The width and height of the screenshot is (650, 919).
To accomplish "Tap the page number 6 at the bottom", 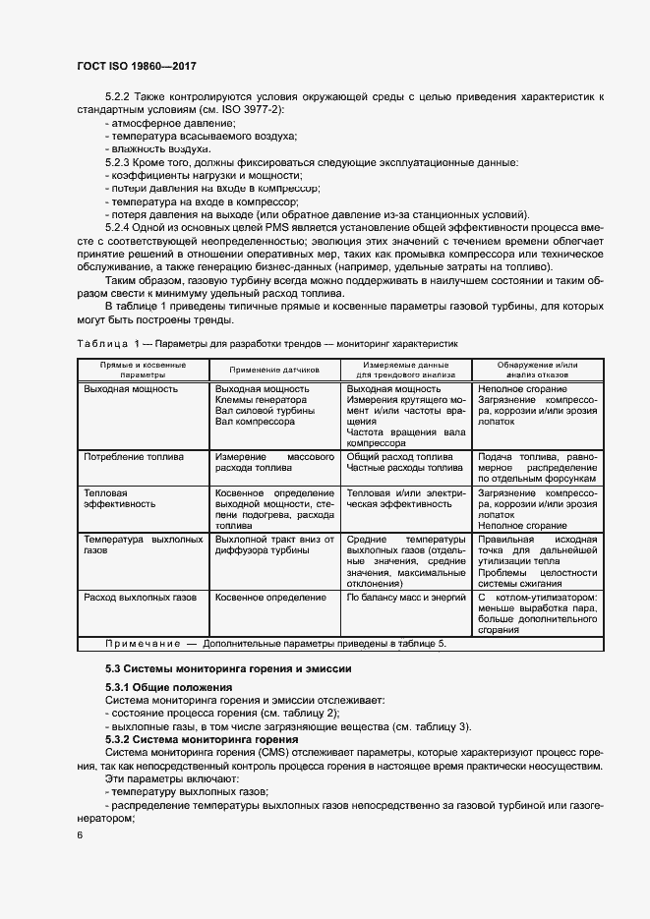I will tap(81, 834).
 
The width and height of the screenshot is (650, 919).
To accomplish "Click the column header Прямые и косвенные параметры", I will tap(144, 370).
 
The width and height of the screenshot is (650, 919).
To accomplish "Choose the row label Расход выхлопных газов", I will tap(141, 597).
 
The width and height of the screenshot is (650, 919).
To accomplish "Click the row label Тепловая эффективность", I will tap(120, 498).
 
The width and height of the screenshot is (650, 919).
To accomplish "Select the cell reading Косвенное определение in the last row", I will tap(270, 597).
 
